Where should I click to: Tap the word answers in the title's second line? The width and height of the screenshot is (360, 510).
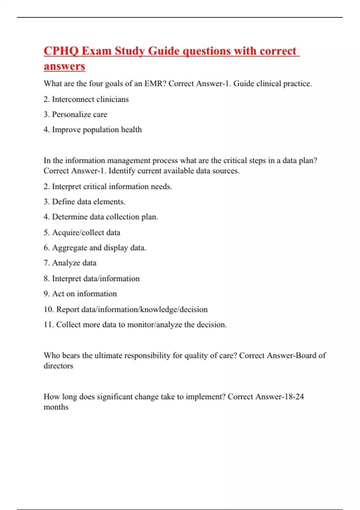64,66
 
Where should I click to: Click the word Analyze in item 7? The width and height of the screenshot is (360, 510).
66,263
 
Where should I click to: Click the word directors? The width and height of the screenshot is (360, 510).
58,366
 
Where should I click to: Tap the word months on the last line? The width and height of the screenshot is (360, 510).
56,407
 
